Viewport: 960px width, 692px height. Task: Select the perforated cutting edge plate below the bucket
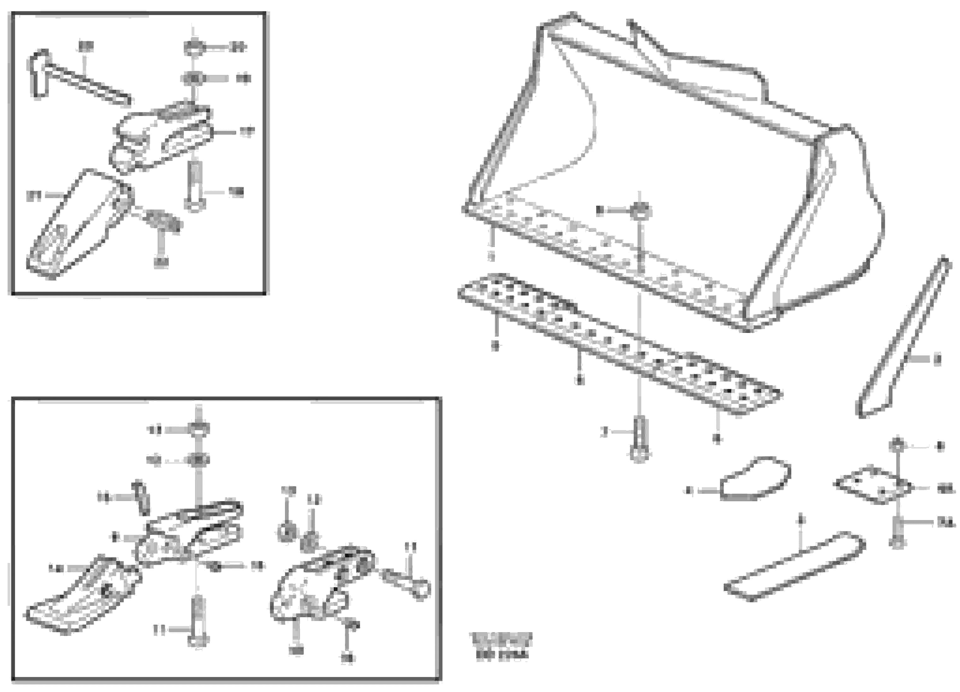[618, 343]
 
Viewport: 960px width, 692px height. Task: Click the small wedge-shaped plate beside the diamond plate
[756, 480]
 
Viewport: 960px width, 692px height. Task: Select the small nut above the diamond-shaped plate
[896, 444]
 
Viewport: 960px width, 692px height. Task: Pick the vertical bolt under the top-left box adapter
[195, 186]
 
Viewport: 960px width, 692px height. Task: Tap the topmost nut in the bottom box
[199, 429]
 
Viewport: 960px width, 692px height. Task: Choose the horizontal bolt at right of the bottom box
[406, 582]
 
